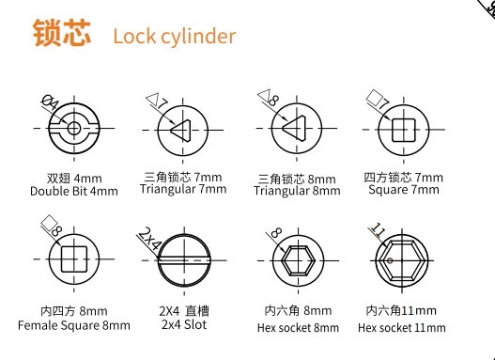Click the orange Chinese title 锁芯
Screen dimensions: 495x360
[x=62, y=33]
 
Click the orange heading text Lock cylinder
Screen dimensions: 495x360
[x=175, y=37]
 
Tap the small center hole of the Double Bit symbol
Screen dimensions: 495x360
[x=74, y=128]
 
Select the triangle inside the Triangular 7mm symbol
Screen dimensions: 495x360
[x=181, y=131]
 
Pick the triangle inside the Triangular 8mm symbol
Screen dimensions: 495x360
[x=295, y=128]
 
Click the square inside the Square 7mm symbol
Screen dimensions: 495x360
[x=404, y=130]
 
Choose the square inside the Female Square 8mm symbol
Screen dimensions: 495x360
[x=74, y=259]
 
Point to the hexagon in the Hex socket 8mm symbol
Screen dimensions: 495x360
[x=299, y=261]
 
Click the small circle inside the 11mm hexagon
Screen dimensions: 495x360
[x=390, y=260]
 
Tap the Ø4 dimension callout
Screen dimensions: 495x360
[x=51, y=103]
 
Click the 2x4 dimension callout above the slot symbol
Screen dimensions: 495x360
[x=149, y=239]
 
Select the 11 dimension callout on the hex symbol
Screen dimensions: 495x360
[x=378, y=230]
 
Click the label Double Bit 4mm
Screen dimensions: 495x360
[x=74, y=192]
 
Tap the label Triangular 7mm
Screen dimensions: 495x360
[x=183, y=190]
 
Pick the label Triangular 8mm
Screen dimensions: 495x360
[x=297, y=191]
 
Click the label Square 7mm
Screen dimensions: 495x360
[x=404, y=190]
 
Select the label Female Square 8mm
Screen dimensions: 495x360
[x=74, y=325]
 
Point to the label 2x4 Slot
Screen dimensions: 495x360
[x=184, y=324]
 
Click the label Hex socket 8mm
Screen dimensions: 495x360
[x=298, y=328]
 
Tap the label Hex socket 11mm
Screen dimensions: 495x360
[x=402, y=328]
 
